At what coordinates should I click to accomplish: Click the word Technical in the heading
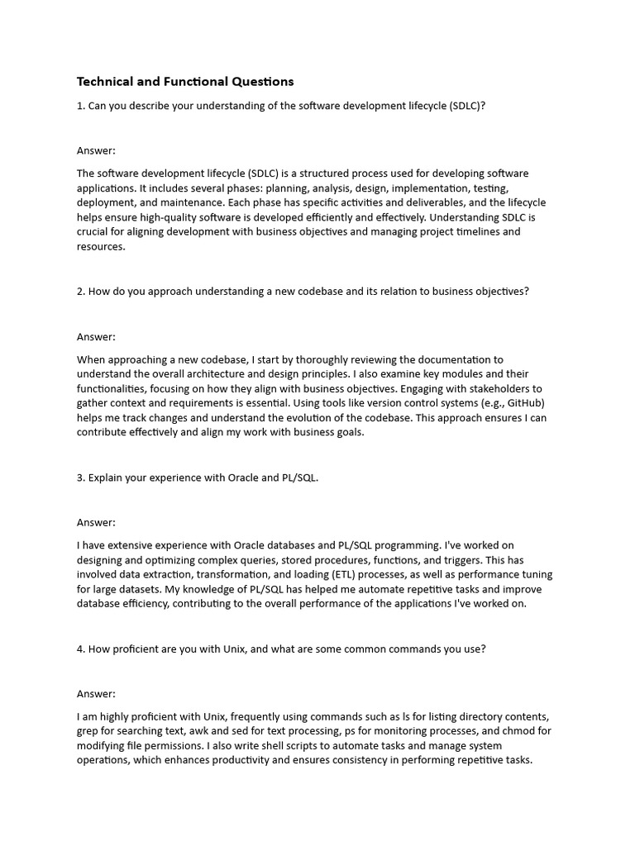click(x=104, y=82)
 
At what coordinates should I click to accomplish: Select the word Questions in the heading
click(x=263, y=82)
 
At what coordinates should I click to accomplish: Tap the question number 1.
click(x=80, y=107)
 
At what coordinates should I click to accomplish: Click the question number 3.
click(x=80, y=478)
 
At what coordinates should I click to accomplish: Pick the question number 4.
click(x=80, y=649)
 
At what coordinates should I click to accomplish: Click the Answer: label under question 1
click(x=96, y=150)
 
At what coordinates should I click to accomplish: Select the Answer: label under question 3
click(x=96, y=522)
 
